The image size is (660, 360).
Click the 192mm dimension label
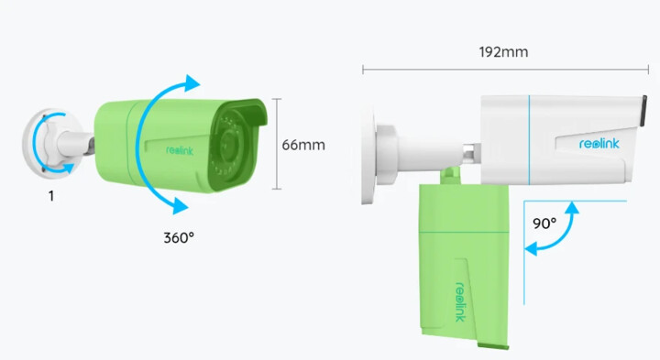[503, 52]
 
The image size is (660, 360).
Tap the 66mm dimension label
[303, 145]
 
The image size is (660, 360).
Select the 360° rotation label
[179, 238]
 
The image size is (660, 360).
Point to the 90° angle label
[544, 224]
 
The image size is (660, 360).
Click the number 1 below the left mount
[51, 196]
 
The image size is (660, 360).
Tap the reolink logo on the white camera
[599, 144]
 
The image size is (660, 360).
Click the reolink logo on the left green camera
[180, 150]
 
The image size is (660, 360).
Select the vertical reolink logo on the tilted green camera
[461, 302]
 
